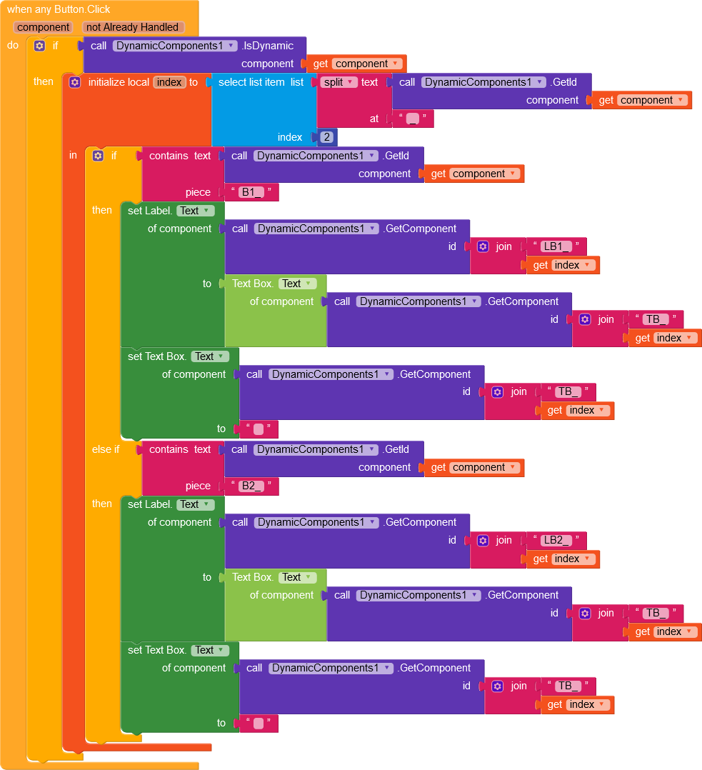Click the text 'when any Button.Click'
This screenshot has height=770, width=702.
point(59,10)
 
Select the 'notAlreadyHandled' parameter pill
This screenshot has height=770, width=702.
point(132,27)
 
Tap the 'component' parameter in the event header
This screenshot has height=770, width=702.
point(44,27)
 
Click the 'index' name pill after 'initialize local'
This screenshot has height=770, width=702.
point(169,82)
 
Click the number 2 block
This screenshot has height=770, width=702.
point(327,137)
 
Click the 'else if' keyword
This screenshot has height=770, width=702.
point(106,449)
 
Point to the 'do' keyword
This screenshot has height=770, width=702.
point(13,45)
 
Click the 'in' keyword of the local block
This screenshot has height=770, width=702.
point(73,155)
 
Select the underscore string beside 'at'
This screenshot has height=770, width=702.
point(413,119)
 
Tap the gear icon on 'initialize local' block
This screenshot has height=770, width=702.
point(75,82)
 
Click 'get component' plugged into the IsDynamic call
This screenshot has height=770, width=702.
point(356,64)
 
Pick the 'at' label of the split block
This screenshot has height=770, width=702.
point(374,119)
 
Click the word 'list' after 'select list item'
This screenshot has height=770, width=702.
point(297,82)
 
